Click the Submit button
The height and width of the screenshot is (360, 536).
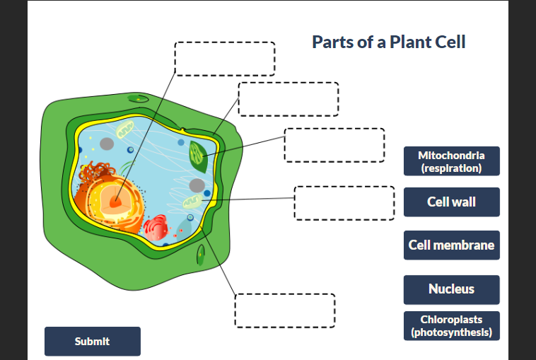(x=92, y=341)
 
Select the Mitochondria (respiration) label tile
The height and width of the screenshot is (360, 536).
(x=451, y=161)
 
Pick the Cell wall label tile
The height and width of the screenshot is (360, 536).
(x=451, y=202)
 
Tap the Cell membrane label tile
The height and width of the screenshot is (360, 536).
(x=451, y=245)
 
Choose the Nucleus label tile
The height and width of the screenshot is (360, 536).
(x=451, y=289)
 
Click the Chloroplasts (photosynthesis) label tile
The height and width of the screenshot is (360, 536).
(x=451, y=326)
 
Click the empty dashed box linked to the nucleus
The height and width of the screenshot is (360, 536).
(x=225, y=59)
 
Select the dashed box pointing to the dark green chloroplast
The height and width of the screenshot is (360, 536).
(x=334, y=145)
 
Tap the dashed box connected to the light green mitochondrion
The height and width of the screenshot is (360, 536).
(x=344, y=203)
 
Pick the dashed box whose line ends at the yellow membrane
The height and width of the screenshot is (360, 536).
(x=284, y=310)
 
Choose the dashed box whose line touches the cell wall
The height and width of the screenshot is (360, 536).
(x=289, y=99)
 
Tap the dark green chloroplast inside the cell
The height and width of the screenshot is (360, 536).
(x=198, y=156)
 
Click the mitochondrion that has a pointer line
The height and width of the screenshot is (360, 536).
(x=193, y=203)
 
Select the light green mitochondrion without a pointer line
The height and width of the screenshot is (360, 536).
(x=124, y=130)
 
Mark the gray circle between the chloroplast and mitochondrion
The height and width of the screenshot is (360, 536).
(x=197, y=185)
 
